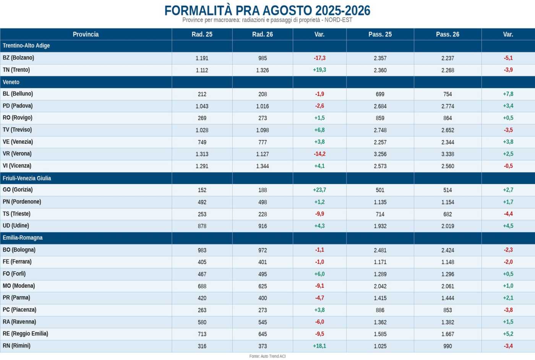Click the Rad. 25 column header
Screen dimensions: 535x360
(202, 34)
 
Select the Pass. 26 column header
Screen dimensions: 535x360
(447, 34)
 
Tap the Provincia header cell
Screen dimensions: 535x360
(86, 34)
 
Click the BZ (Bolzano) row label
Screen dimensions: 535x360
(18, 58)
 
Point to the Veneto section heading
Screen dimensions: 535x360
(11, 82)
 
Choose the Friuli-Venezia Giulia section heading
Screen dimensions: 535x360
(27, 178)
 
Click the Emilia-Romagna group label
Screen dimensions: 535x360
(23, 238)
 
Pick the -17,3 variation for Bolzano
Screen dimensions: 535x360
(319, 58)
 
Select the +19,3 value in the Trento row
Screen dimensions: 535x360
(319, 70)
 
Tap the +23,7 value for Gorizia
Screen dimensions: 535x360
(319, 190)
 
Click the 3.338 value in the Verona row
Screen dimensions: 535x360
(447, 154)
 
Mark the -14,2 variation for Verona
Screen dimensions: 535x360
(319, 154)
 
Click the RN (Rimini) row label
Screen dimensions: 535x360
(16, 345)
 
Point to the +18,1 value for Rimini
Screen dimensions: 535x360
(319, 346)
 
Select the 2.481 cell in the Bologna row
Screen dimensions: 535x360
(380, 250)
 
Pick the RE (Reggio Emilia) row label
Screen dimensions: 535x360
(25, 334)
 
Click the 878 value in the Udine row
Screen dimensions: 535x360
(202, 226)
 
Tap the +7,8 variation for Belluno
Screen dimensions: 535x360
(508, 94)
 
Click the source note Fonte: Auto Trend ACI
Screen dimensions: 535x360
(267, 356)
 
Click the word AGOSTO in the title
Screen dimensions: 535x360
(287, 11)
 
